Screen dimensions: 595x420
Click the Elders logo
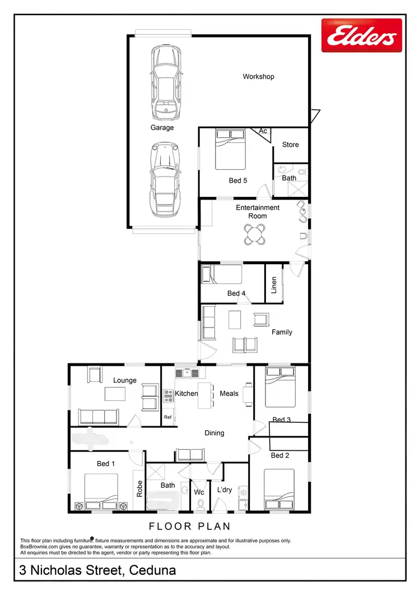tap(362, 35)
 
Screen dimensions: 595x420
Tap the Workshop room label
tap(258, 76)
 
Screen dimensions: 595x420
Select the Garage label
tap(162, 127)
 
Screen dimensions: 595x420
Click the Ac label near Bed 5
tap(263, 131)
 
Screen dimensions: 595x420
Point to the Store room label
tap(290, 145)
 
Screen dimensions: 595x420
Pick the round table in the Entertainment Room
tap(255, 234)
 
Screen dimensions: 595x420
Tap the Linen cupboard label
tap(274, 285)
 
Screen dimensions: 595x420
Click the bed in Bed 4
tap(222, 275)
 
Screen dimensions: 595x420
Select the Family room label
tap(282, 332)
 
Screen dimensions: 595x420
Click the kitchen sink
tap(183, 372)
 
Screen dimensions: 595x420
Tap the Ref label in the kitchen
tap(167, 417)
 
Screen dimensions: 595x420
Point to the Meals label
tap(229, 394)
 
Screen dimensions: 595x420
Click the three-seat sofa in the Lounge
tap(98, 416)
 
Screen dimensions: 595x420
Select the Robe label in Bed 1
tap(139, 488)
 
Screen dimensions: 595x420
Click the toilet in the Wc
tap(199, 504)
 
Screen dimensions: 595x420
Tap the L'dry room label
tap(224, 490)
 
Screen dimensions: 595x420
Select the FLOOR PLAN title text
tap(189, 527)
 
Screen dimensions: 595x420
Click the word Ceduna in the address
tap(152, 571)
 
